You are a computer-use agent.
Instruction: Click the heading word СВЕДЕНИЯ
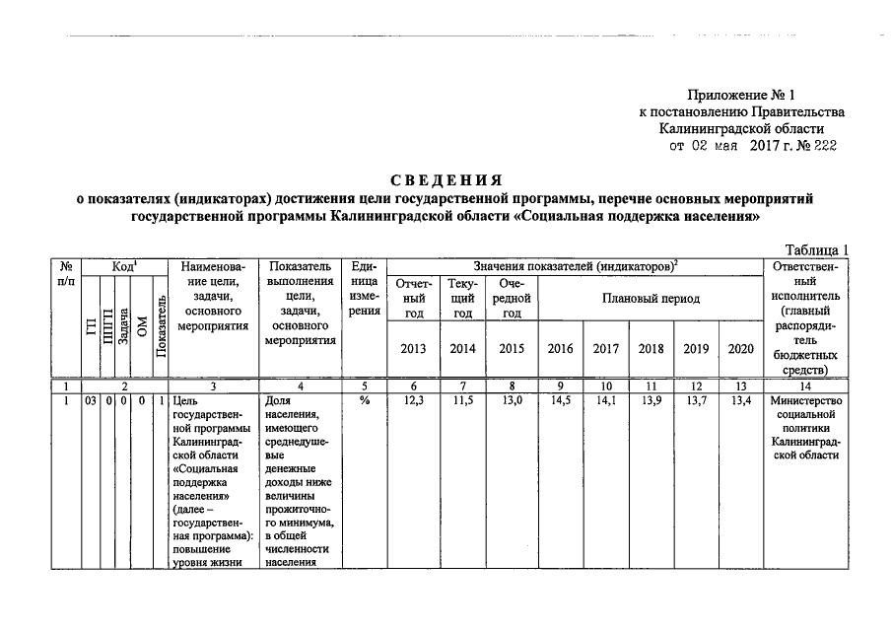click(446, 180)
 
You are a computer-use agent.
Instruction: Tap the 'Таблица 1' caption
click(815, 249)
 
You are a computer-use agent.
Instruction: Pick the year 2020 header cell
click(740, 348)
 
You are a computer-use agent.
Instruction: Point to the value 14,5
click(560, 400)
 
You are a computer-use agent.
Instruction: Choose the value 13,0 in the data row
click(511, 400)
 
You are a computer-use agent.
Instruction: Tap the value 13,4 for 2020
click(740, 400)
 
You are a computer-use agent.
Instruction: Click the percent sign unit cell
click(363, 400)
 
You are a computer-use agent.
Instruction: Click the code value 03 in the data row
click(90, 400)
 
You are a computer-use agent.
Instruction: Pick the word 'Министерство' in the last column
click(806, 400)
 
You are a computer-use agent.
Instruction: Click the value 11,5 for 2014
click(461, 400)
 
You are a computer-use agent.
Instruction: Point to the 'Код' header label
click(122, 267)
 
